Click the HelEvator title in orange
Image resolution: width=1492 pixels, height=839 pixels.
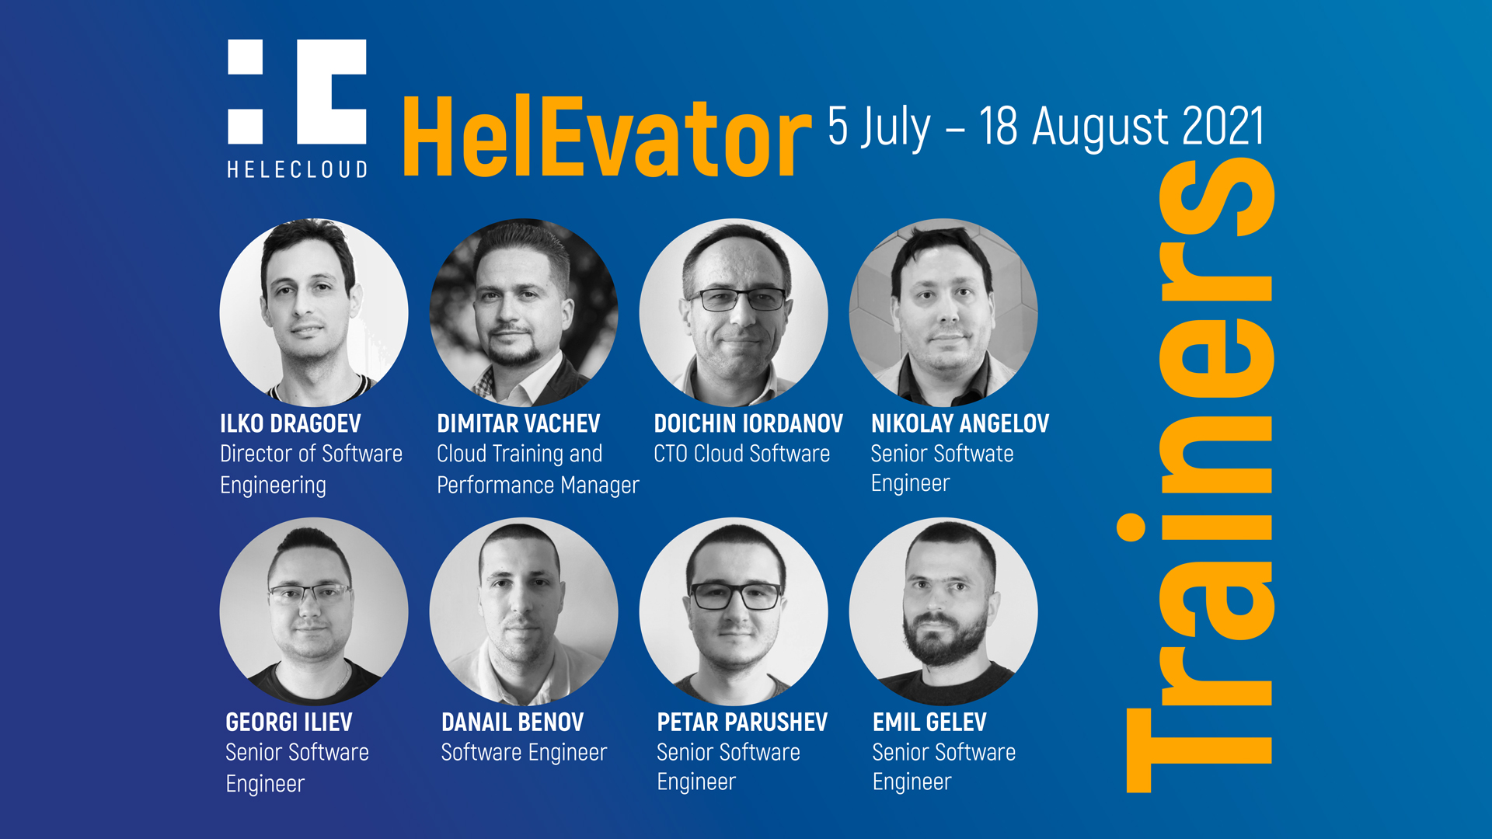point(607,138)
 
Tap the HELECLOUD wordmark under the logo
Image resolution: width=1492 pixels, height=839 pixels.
point(297,169)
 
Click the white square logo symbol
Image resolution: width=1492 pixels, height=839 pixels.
point(297,92)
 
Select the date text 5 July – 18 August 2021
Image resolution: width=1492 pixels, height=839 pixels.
point(1046,127)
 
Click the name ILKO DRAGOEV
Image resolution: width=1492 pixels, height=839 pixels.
point(291,423)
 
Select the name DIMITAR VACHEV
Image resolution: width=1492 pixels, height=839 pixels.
point(518,423)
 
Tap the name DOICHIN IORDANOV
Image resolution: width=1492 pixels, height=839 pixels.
point(748,423)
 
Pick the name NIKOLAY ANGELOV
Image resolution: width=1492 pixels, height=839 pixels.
point(960,423)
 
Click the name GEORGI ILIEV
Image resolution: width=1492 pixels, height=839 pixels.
point(289,722)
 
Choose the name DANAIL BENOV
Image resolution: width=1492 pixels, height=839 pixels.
point(512,722)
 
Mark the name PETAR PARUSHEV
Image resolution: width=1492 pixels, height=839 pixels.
point(742,722)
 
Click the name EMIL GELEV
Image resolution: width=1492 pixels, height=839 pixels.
point(929,722)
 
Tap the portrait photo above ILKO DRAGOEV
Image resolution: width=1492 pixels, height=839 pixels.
point(314,312)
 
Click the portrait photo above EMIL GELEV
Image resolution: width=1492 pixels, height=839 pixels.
point(943,611)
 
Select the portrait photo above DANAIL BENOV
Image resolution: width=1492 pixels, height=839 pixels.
point(524,611)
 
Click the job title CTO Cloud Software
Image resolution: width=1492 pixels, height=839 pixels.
point(742,454)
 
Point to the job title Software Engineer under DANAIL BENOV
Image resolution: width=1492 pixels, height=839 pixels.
point(524,753)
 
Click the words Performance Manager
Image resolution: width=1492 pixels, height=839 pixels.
point(538,486)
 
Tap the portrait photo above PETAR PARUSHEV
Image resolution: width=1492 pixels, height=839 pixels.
point(734,611)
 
